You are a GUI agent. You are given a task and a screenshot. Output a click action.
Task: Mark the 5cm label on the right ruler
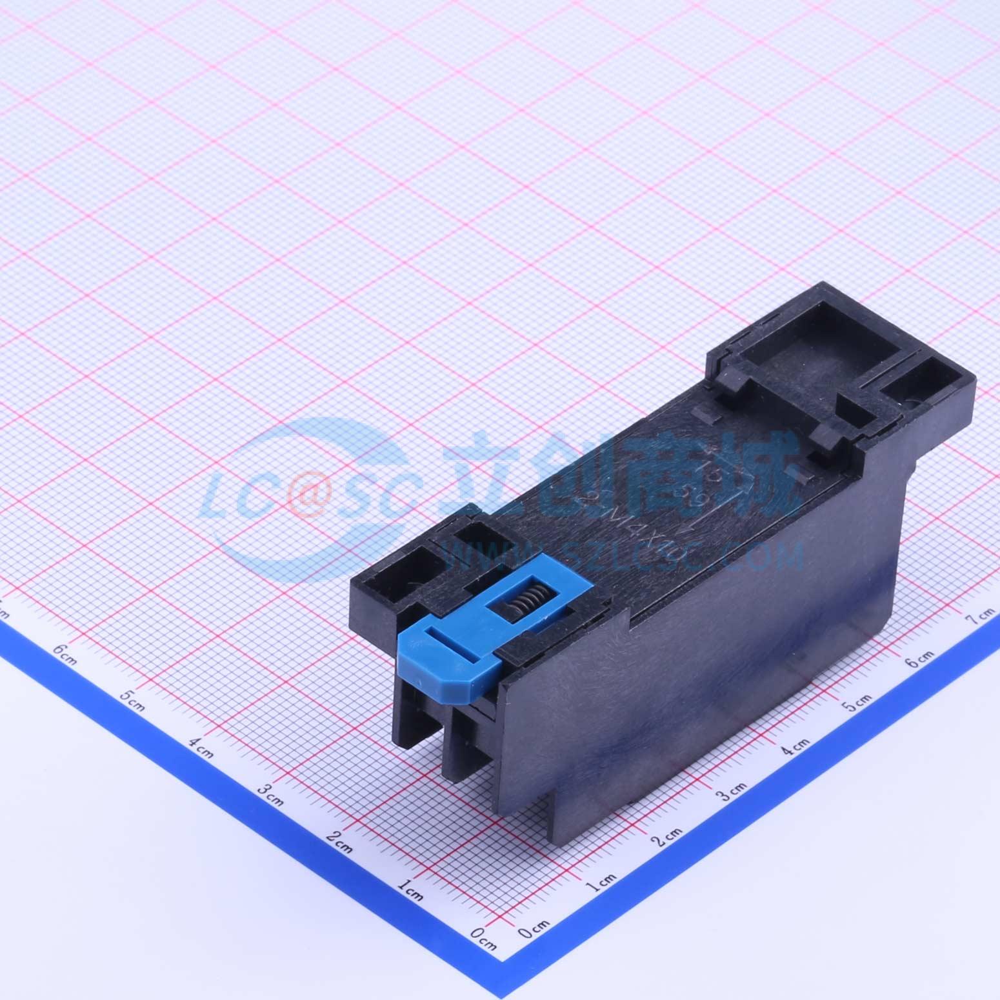tap(858, 701)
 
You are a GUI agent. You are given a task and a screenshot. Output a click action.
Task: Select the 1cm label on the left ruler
tap(410, 892)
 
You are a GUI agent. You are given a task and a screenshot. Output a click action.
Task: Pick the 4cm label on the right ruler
tap(795, 746)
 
